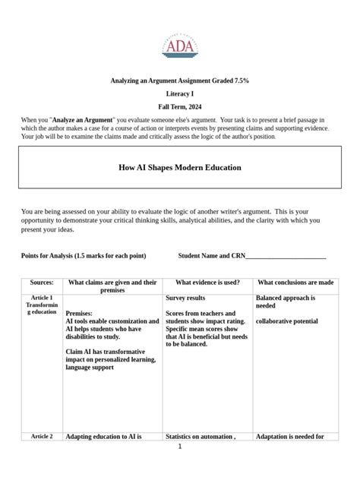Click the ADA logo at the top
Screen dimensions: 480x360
(x=180, y=46)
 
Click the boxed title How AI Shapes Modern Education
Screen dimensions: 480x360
(x=180, y=166)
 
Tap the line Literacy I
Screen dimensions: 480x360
(x=180, y=93)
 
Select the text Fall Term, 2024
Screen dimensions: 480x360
(x=180, y=107)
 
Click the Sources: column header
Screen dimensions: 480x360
(x=42, y=282)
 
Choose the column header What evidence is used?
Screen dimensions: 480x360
(x=207, y=282)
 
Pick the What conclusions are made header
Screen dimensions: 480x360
(x=295, y=282)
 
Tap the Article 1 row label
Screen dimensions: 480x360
(x=42, y=298)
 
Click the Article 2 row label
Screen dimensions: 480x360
(x=42, y=437)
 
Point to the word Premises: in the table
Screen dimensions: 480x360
(x=80, y=313)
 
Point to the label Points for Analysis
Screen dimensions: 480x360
(x=52, y=255)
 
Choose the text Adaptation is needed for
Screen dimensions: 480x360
(x=290, y=437)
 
